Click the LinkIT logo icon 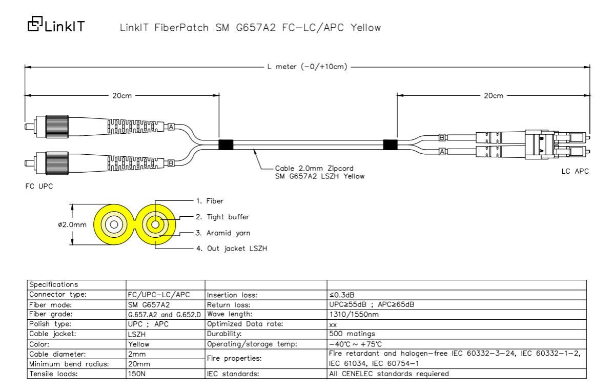click(x=35, y=24)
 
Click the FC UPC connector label click(x=39, y=187)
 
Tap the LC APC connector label click(x=575, y=171)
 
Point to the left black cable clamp click(x=226, y=145)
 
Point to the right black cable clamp click(x=390, y=145)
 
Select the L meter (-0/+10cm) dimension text click(x=308, y=67)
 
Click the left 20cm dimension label click(x=122, y=95)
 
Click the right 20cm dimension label click(x=494, y=95)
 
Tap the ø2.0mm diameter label click(x=72, y=225)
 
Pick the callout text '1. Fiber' click(x=210, y=201)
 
